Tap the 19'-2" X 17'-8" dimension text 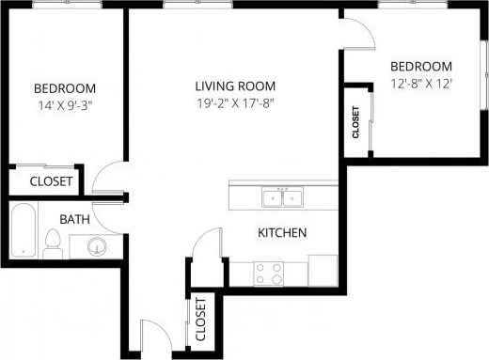pos(234,103)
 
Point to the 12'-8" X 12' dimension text pos(420,84)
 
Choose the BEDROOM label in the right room pos(420,67)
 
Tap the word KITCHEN pos(281,232)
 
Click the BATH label pos(74,219)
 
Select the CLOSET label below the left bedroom pos(51,181)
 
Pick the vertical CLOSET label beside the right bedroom pos(356,122)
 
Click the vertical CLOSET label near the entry pos(200,320)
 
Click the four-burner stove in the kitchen pos(270,273)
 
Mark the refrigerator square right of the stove pos(322,269)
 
